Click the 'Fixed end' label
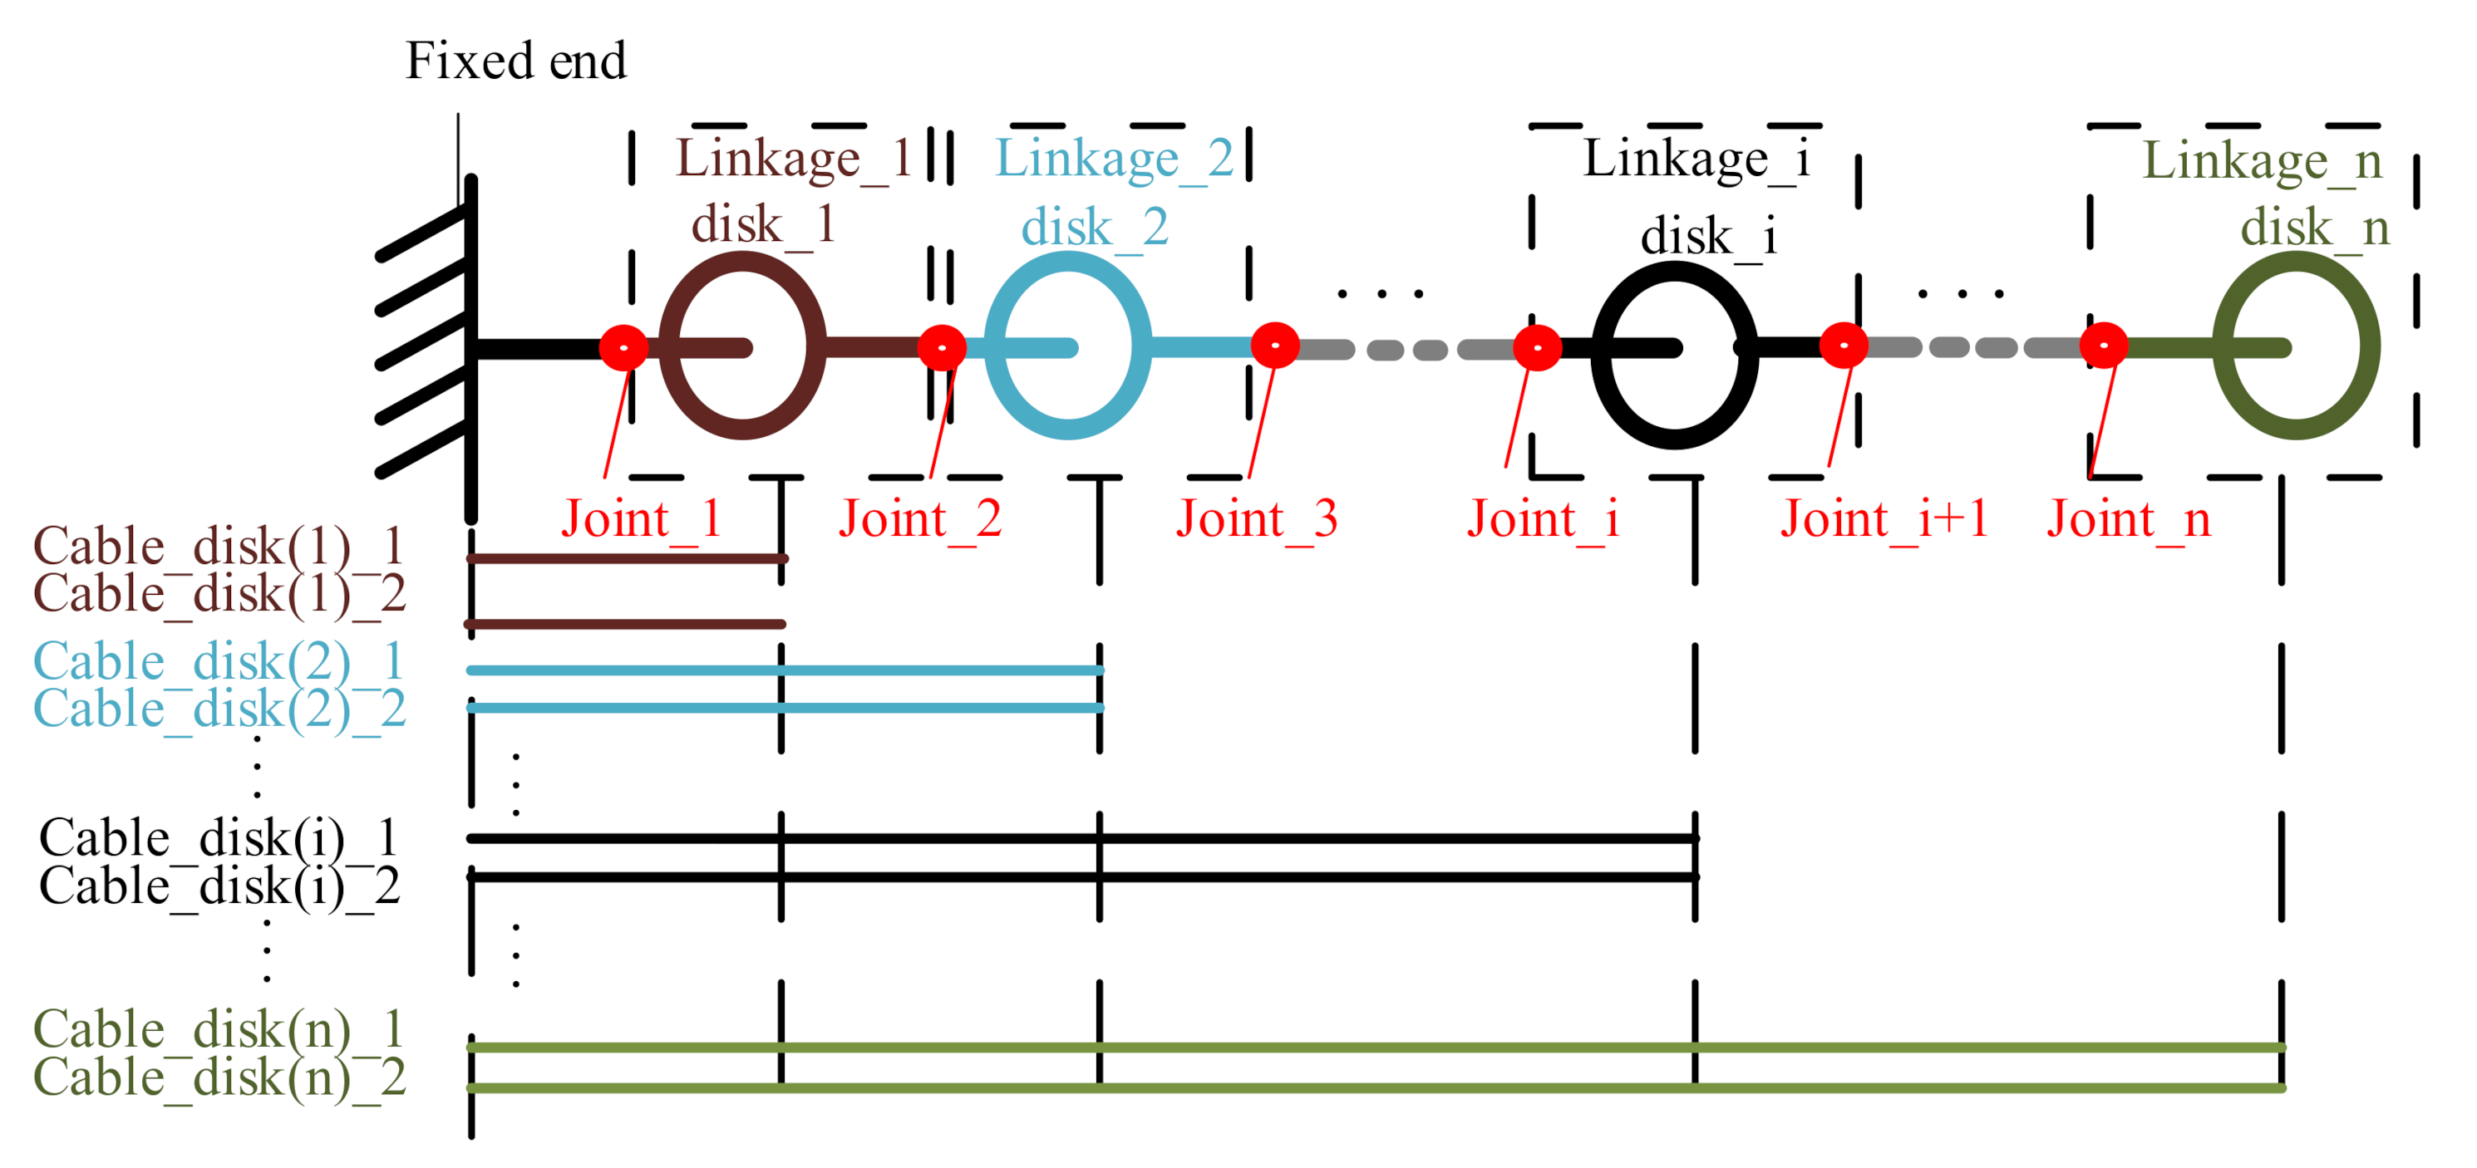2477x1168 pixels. coord(515,61)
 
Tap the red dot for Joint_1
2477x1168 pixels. coord(624,346)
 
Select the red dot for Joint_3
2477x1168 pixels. coord(1275,345)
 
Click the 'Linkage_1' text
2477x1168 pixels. coord(793,159)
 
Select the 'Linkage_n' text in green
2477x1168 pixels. coord(2262,160)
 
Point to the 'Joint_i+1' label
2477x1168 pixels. coord(1883,520)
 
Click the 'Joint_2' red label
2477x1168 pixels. coord(919,520)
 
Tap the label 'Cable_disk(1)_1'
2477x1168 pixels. coord(219,547)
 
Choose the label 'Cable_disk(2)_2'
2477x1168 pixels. coord(219,709)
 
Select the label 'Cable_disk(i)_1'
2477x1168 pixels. coord(219,838)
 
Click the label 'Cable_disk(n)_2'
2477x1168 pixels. coord(219,1077)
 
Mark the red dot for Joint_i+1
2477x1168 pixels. coord(1844,345)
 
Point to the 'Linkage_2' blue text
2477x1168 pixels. coord(1114,159)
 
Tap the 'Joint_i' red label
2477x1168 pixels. coord(1543,520)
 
